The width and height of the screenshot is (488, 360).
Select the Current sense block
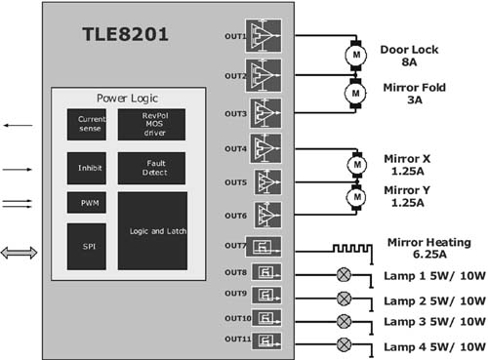[86, 124]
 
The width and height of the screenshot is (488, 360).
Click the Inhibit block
[86, 167]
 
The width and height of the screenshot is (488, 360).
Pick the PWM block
[86, 203]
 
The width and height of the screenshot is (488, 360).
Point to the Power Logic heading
[128, 99]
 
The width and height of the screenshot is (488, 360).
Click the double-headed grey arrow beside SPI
[20, 253]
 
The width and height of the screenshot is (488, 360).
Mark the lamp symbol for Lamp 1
[343, 274]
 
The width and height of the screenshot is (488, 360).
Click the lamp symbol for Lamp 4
[343, 342]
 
